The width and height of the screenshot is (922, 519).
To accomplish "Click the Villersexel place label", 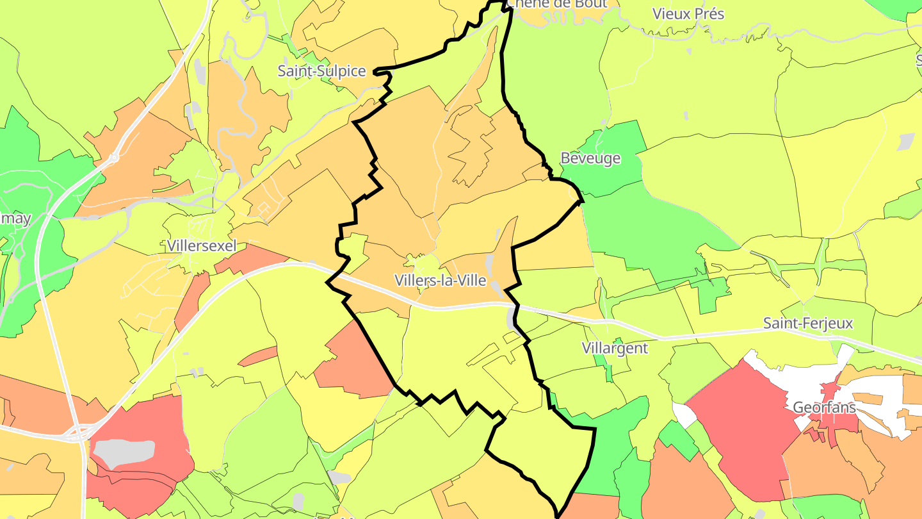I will (201, 245).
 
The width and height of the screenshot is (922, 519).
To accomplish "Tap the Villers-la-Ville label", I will (440, 281).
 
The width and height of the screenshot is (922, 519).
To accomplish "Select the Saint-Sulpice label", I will (321, 71).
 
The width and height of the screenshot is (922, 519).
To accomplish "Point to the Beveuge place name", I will (590, 158).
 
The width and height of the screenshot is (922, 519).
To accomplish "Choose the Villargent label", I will (615, 348).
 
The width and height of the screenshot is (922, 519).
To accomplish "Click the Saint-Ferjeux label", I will (808, 323).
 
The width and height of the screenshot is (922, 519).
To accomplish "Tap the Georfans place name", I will (824, 407).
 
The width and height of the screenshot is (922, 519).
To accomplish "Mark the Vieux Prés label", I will (688, 13).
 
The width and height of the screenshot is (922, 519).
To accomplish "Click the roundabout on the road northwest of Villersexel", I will (113, 156).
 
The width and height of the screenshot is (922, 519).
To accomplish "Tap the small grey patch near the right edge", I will (907, 141).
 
